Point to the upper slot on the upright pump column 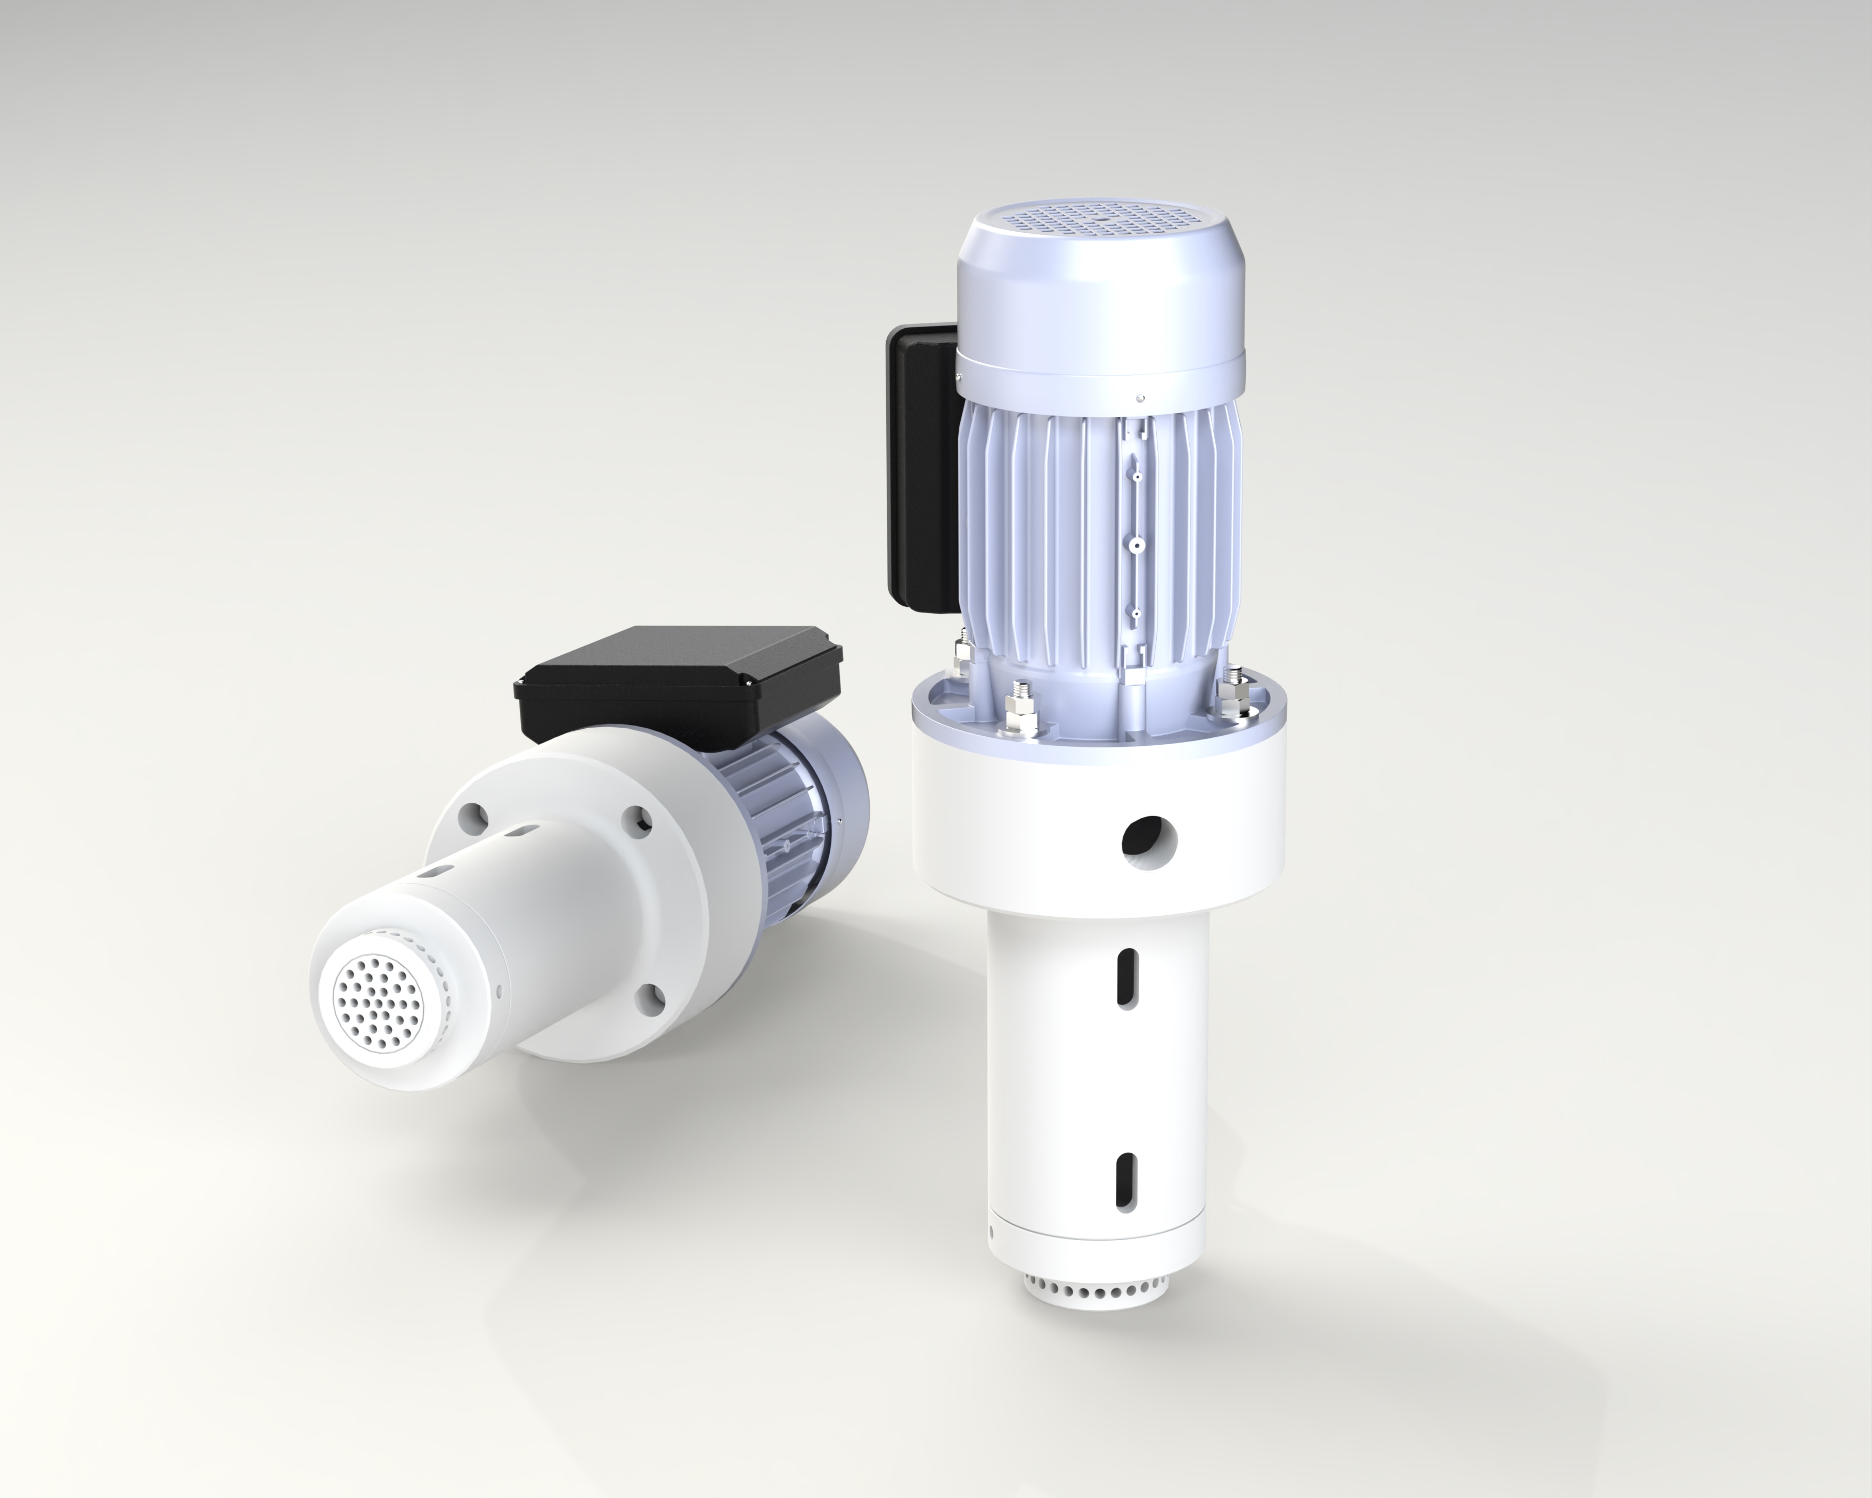[1126, 977]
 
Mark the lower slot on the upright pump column [1125, 1180]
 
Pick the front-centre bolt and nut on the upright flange [1022, 703]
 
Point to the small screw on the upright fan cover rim [1140, 398]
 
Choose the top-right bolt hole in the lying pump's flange [641, 818]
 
